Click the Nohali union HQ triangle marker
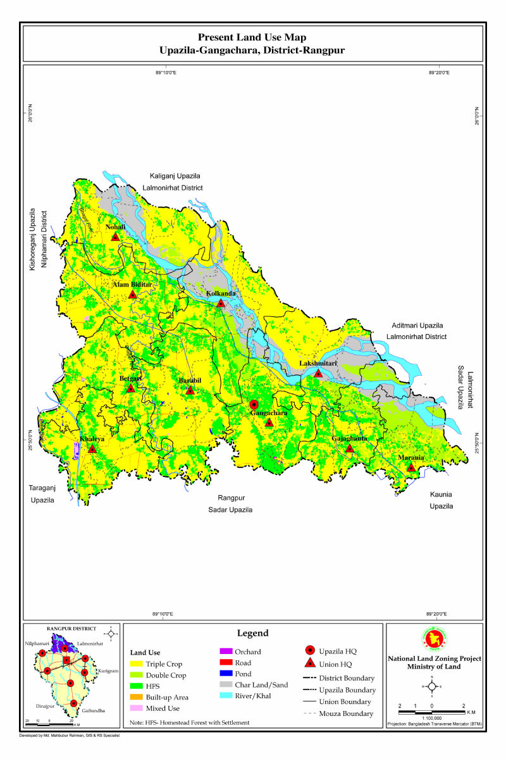point(115,237)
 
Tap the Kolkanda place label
point(221,293)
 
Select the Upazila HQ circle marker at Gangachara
point(254,404)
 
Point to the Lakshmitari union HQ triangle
point(318,374)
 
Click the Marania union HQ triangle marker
point(411,468)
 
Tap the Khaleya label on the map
point(92,438)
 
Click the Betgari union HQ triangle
point(130,388)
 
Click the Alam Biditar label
point(132,285)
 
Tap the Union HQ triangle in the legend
point(310,663)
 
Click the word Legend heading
point(253,633)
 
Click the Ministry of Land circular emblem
point(433,640)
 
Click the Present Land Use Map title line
point(252,38)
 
